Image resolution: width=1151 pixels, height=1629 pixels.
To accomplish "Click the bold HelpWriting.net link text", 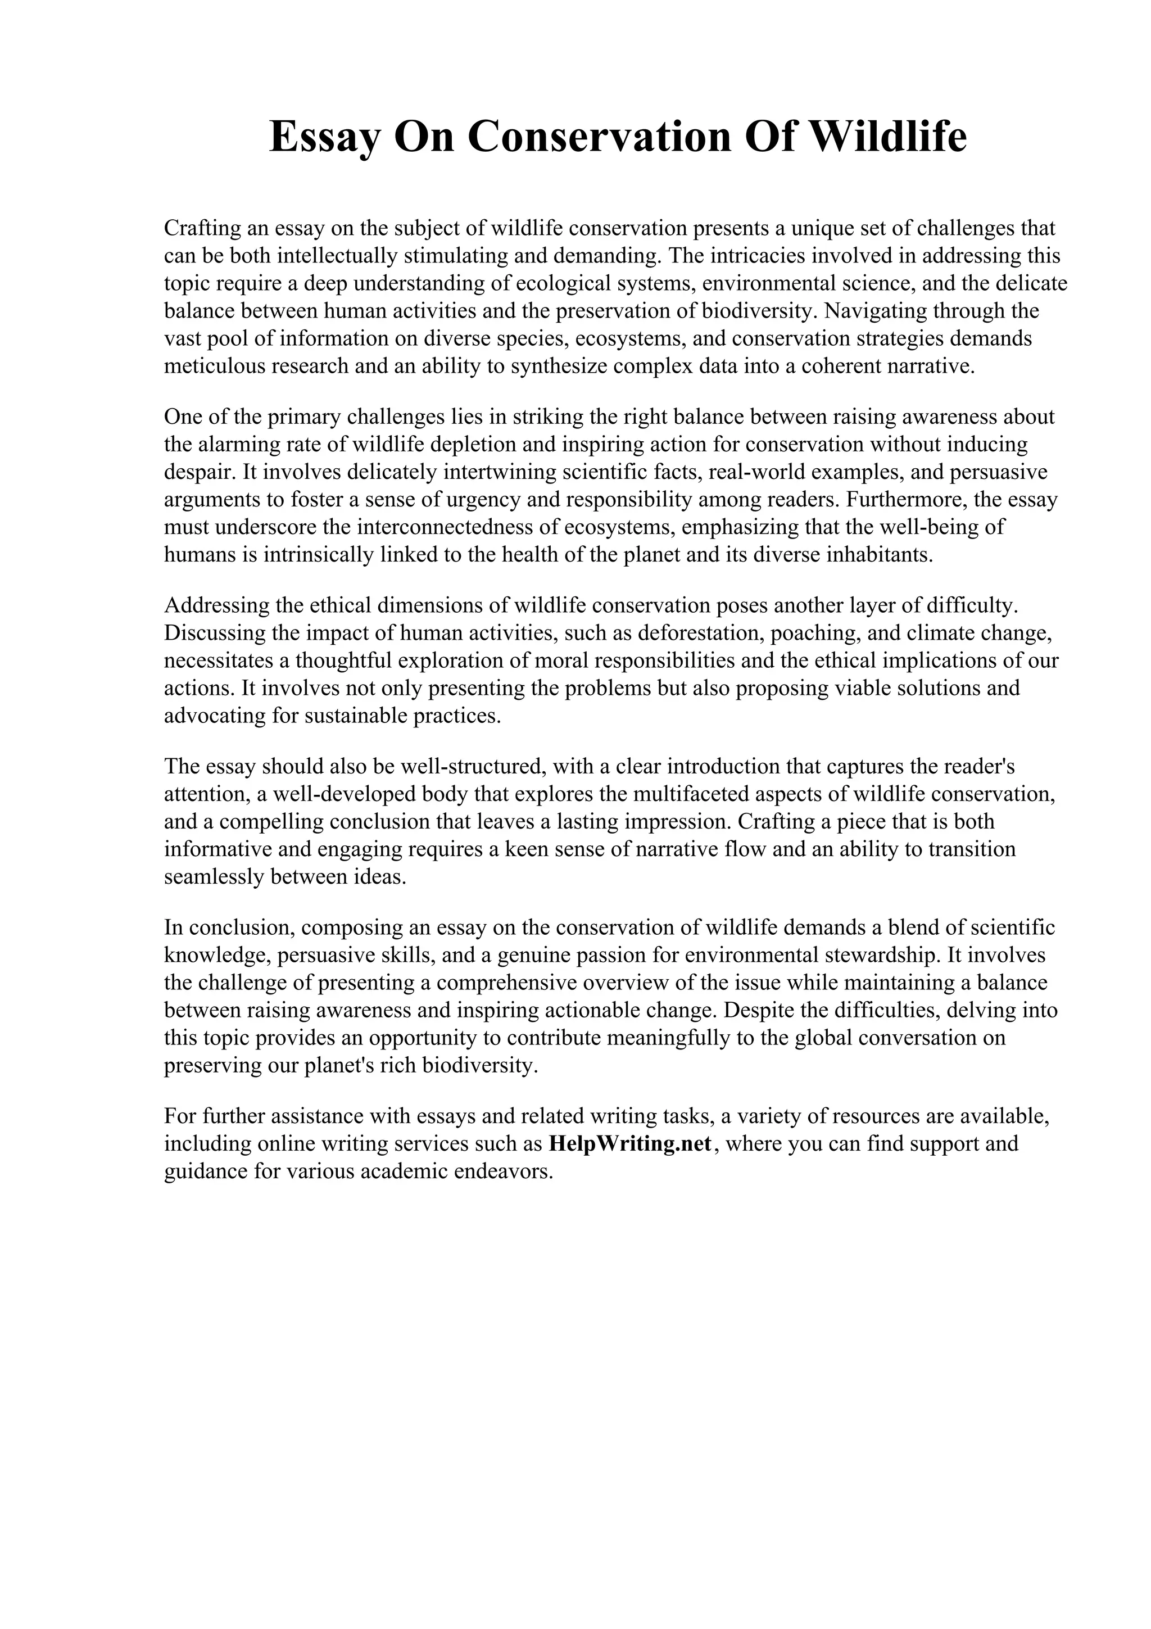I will pos(630,1144).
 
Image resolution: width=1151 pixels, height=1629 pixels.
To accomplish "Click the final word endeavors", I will pos(503,1171).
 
